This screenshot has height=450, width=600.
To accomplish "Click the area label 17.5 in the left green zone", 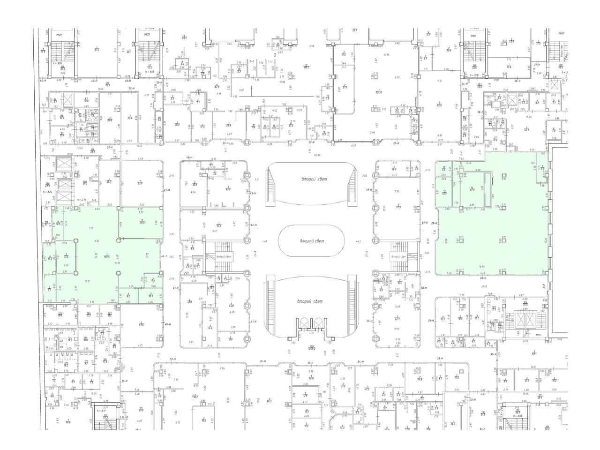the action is click(x=67, y=257).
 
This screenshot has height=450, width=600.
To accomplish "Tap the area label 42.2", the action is click(x=228, y=189).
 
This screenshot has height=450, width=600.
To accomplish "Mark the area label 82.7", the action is click(x=397, y=319).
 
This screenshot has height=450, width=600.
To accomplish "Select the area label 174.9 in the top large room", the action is click(x=378, y=91).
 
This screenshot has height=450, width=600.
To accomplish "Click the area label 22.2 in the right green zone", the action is click(x=472, y=190).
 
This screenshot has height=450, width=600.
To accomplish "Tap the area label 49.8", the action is click(x=141, y=324).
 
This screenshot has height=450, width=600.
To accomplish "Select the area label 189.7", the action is click(x=306, y=67).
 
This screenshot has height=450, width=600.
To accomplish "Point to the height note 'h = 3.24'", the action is click(x=46, y=192).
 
